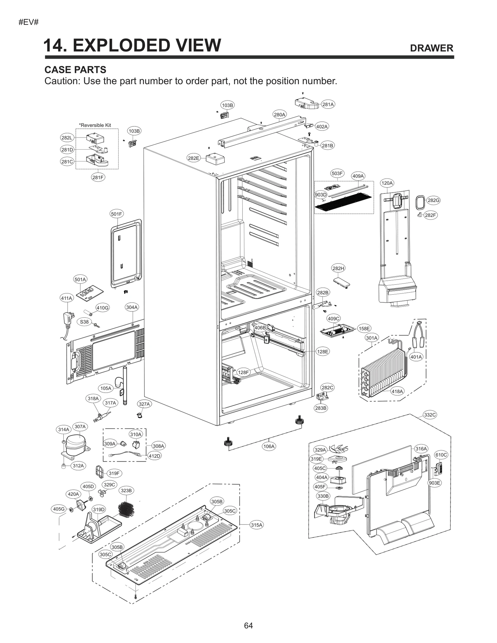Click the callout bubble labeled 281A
[328, 104]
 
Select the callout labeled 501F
[116, 214]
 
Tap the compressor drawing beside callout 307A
[75, 445]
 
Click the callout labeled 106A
[269, 446]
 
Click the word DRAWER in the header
[431, 48]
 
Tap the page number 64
[248, 625]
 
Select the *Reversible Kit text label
[95, 125]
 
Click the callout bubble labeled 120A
[387, 183]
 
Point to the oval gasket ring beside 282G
[420, 202]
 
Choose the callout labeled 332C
[430, 414]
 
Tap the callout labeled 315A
[257, 525]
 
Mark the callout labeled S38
[84, 322]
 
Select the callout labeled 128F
[243, 372]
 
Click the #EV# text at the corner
[28, 22]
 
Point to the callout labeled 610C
[441, 455]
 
